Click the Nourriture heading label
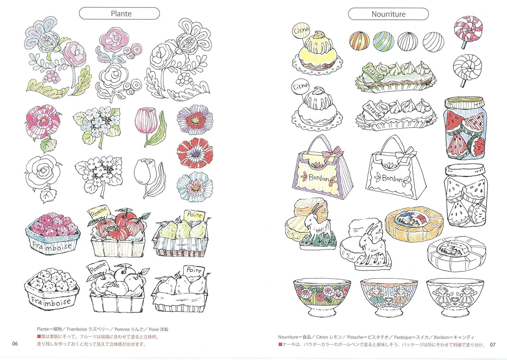pos(388,14)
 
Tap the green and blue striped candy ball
pos(383,41)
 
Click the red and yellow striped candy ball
pos(359,40)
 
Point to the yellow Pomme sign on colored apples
pos(98,212)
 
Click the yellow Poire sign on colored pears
pos(194,215)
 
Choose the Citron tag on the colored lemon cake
pos(301,31)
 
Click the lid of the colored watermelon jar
pos(464,103)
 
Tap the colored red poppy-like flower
pos(195,153)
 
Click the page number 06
pos(15,343)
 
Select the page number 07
pos(493,344)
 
